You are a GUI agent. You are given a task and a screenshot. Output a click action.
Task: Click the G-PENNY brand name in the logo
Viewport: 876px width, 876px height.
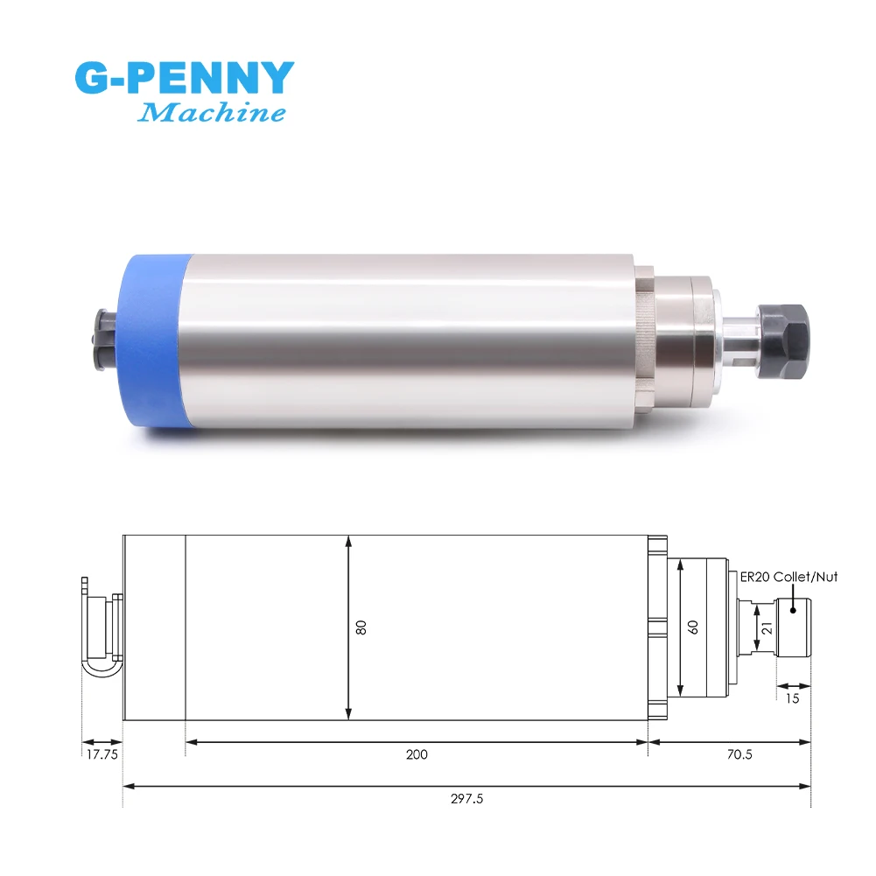pyautogui.click(x=185, y=79)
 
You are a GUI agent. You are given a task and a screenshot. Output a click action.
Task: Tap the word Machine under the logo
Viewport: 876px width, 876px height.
pyautogui.click(x=212, y=113)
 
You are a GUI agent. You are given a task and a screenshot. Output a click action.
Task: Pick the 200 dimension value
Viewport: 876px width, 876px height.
pyautogui.click(x=417, y=754)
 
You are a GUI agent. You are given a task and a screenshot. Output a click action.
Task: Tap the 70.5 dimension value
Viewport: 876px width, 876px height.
pyautogui.click(x=739, y=754)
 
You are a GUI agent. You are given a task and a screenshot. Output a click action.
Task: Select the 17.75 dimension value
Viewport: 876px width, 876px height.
pyautogui.click(x=102, y=754)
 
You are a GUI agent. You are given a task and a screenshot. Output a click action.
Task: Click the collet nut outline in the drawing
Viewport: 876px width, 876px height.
pyautogui.click(x=794, y=627)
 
